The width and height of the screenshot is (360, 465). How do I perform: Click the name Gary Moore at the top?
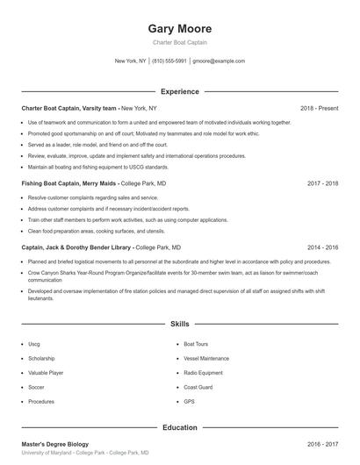point(179,28)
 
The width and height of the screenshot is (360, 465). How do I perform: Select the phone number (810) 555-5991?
point(169,61)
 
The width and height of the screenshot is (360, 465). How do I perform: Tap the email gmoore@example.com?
point(219,61)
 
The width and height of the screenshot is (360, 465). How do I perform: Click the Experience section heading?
point(179,91)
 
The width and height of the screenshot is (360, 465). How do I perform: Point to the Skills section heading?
point(179,325)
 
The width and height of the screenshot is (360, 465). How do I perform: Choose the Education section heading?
point(179,427)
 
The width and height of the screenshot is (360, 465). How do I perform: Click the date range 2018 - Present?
point(319,108)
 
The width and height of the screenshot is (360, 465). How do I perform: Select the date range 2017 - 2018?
point(323,184)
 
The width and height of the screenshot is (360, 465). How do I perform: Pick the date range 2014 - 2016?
point(323,248)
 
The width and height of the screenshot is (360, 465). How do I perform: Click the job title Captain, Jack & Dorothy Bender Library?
point(77,248)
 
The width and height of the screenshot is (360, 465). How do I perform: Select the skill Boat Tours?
point(196,345)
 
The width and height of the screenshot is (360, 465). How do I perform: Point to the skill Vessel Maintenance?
point(207,359)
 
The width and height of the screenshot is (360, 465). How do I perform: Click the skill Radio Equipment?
point(204,373)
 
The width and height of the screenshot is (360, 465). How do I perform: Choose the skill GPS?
point(189,401)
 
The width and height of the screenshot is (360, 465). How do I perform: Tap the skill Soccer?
point(36,387)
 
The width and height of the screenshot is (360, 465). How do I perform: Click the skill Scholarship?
point(41,359)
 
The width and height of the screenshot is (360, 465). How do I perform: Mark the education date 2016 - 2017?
point(323,444)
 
